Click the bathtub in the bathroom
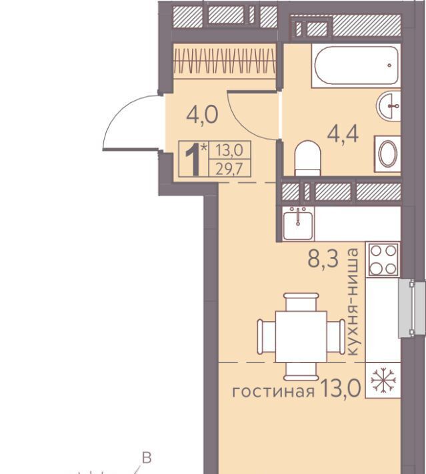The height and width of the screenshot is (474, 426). click(356, 65)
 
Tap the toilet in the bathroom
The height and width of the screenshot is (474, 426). click(307, 158)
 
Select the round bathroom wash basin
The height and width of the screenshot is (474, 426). click(389, 106)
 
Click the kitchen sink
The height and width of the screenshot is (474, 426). click(298, 223)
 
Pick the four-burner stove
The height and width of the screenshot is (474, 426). click(383, 260)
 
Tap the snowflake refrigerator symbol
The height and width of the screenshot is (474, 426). click(383, 380)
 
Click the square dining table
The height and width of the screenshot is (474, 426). click(301, 336)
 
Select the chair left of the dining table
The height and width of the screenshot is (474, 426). click(266, 336)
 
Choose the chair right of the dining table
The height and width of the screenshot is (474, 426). click(336, 336)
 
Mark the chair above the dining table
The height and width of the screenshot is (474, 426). click(301, 302)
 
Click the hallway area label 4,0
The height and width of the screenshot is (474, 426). click(202, 115)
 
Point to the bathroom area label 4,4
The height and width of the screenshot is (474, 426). click(343, 134)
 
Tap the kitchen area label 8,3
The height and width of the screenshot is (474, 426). click(323, 259)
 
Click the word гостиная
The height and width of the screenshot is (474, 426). click(273, 392)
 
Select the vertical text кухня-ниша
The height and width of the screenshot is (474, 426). click(353, 302)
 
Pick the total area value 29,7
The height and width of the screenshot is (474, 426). click(229, 169)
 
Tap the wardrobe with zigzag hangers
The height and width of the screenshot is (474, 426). click(225, 61)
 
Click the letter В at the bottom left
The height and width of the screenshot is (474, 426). click(147, 458)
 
